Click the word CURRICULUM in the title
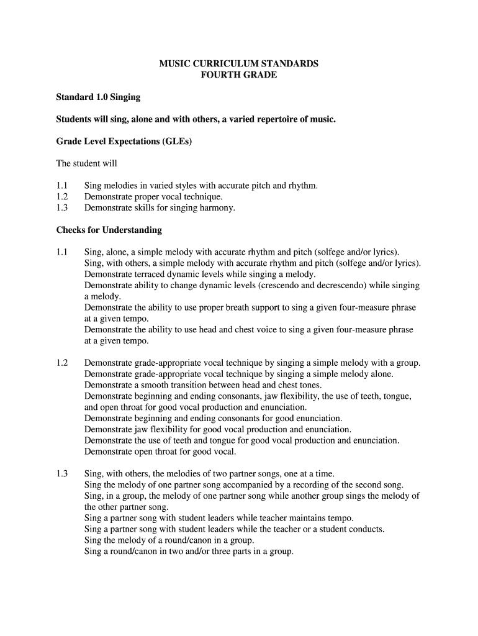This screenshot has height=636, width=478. [222, 64]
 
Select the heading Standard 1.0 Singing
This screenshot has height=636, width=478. [98, 98]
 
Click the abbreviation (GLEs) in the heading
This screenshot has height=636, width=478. [178, 141]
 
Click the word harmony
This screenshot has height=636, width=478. [219, 208]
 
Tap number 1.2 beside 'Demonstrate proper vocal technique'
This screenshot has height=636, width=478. [61, 197]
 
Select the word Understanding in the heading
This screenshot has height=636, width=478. [132, 230]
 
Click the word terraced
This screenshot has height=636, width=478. [152, 274]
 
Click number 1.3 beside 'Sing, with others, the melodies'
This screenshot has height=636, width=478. [61, 473]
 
